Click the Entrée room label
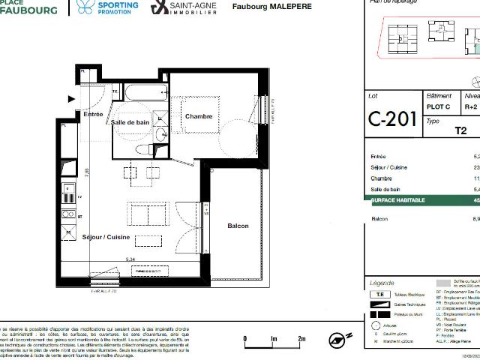tap(94, 115)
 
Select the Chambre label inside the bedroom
tap(199, 116)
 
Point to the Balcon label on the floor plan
tap(238, 226)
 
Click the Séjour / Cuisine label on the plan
tap(106, 237)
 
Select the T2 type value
tap(461, 130)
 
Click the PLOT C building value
tap(439, 106)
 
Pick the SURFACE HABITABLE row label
tap(397, 200)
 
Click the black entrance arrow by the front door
tap(72, 98)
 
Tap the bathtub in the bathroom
tap(146, 94)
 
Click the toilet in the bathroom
tap(143, 149)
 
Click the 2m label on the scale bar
tap(301, 339)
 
